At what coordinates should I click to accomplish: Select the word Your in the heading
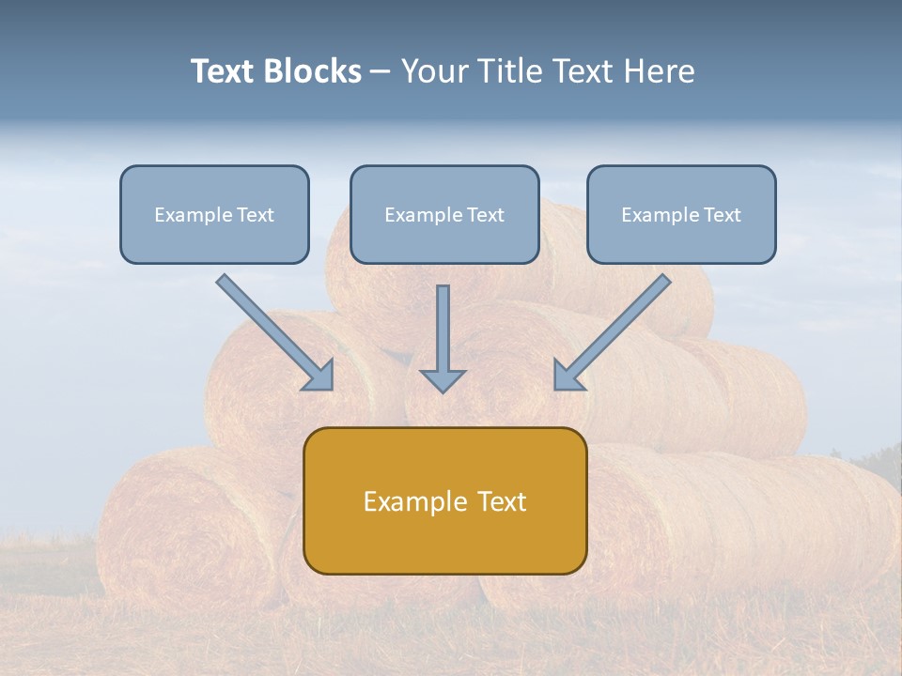(x=433, y=71)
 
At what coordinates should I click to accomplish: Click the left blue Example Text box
(x=214, y=215)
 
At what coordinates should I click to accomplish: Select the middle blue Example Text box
(x=444, y=215)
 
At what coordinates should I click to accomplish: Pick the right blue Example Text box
(x=681, y=215)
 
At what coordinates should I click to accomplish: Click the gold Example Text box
(x=444, y=500)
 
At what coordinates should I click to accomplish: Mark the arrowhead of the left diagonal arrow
(x=320, y=376)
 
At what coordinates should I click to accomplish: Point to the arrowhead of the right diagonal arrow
(x=568, y=376)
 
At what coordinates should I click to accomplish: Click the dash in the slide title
(x=381, y=71)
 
